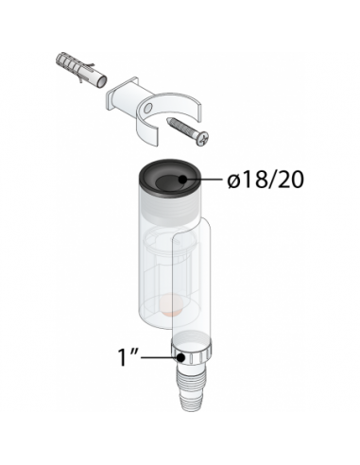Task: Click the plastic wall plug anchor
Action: tap(81, 71)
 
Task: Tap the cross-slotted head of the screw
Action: tap(202, 138)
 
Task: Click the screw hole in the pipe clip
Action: tap(146, 110)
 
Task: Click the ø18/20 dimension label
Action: tap(266, 181)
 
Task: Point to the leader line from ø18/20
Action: tap(203, 180)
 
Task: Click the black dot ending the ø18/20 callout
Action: tap(183, 180)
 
